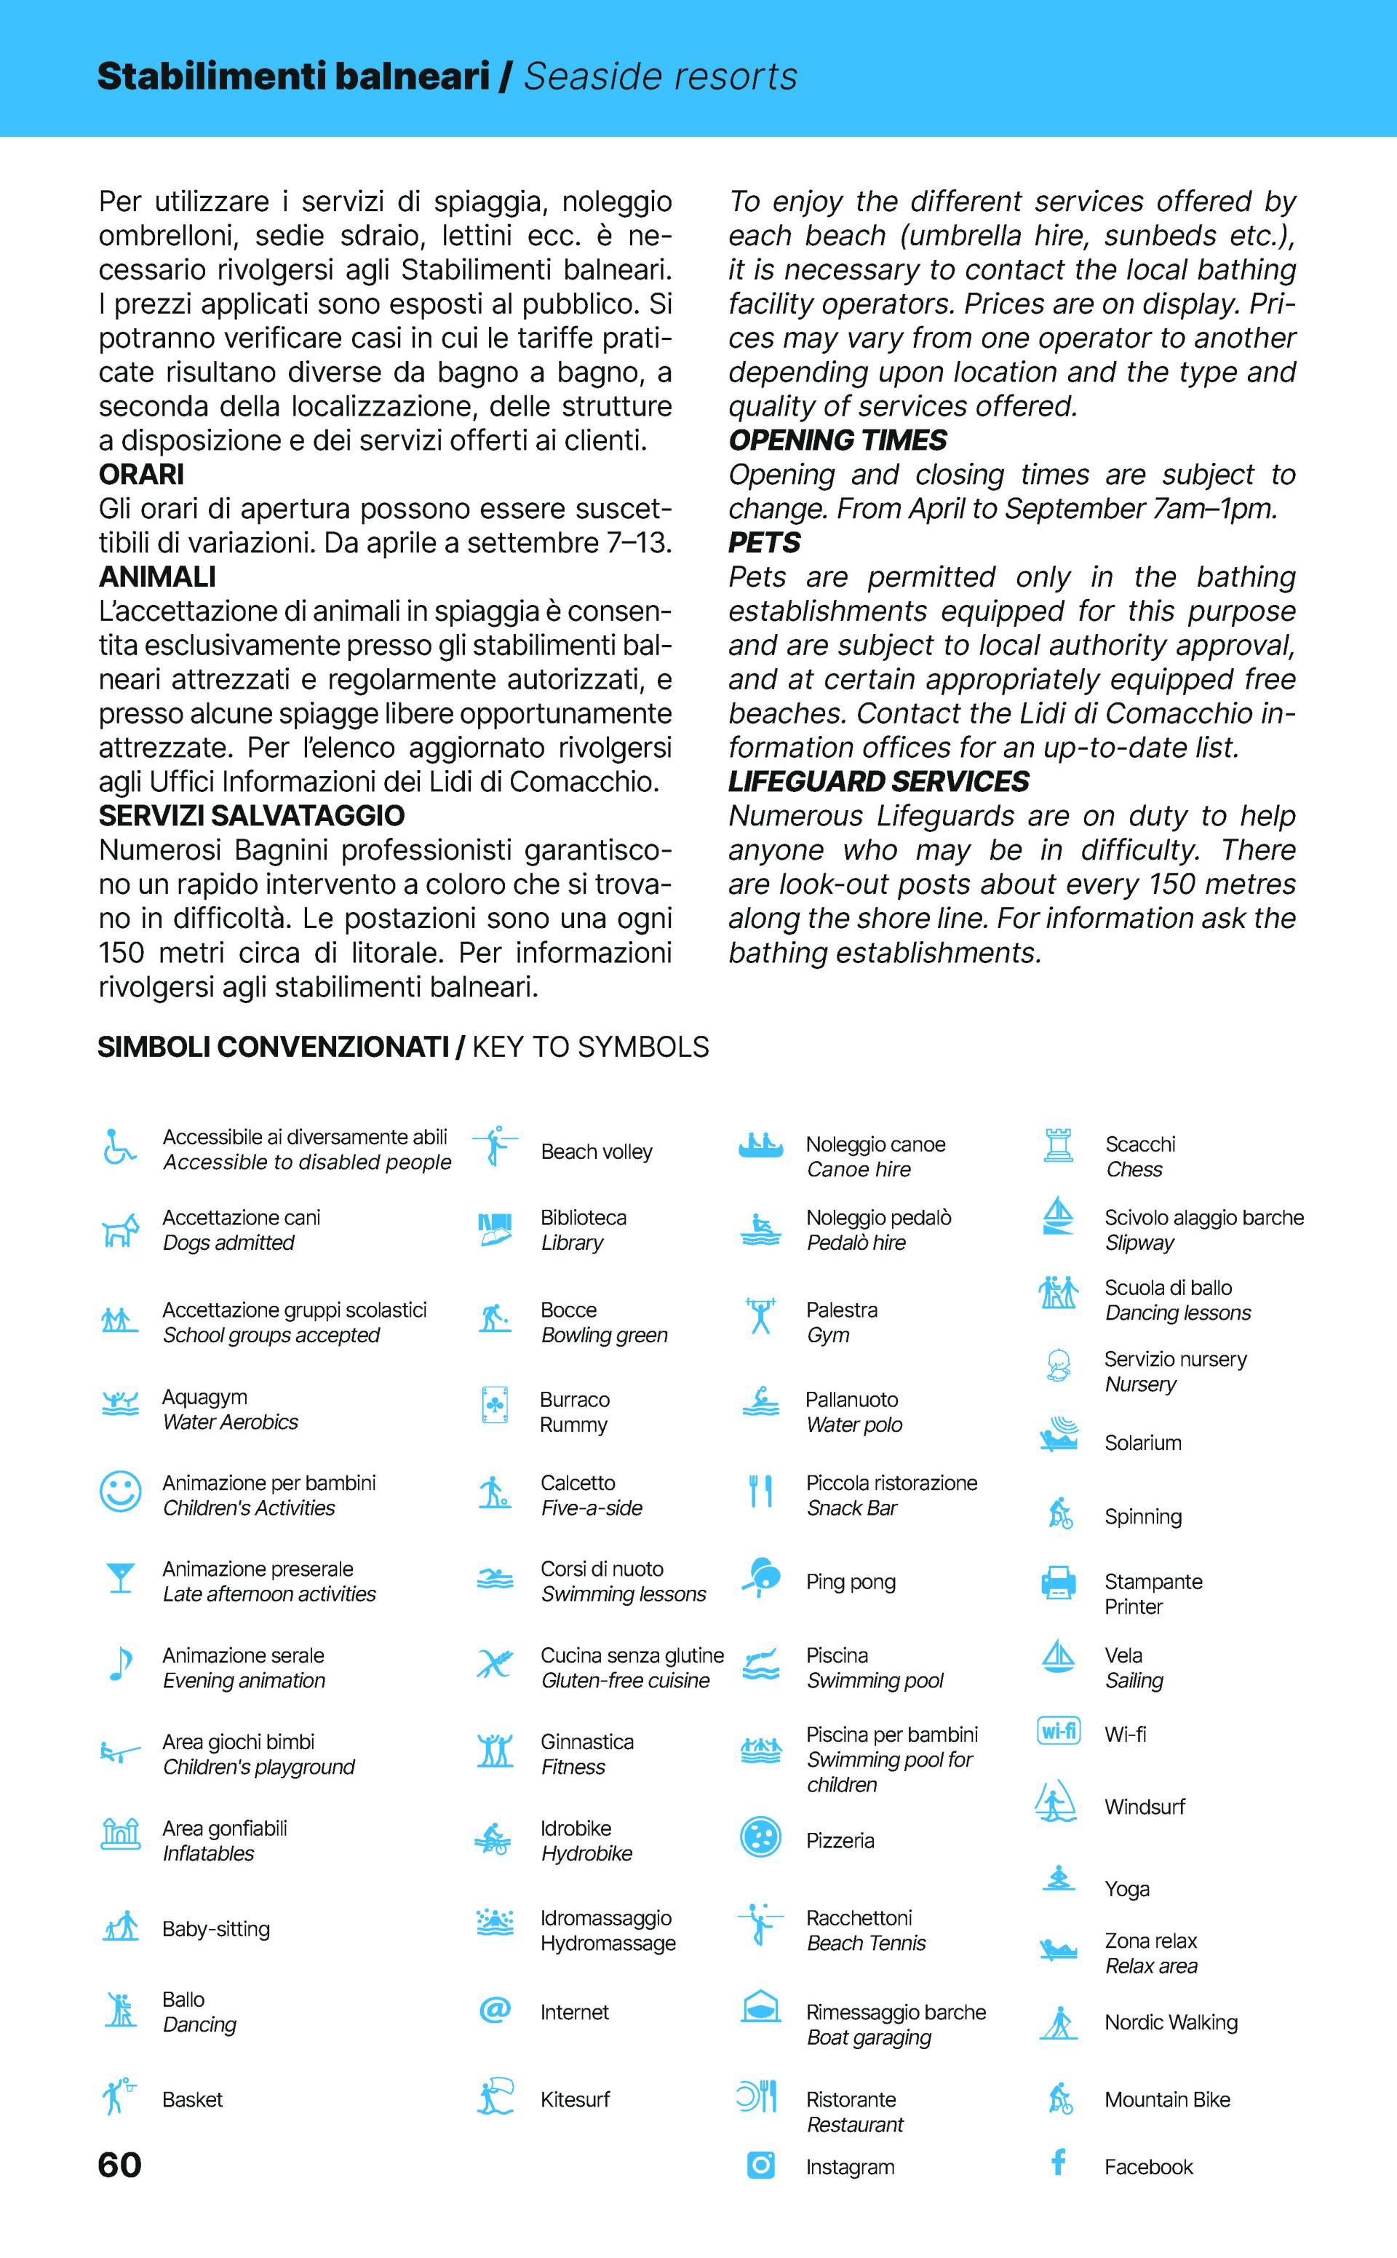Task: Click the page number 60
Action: click(x=119, y=2166)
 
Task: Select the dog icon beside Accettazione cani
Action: click(x=120, y=1230)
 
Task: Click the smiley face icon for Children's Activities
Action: click(x=120, y=1492)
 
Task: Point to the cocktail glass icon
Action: click(x=120, y=1577)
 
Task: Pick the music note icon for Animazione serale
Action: click(x=120, y=1665)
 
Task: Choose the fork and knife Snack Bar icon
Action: click(x=760, y=1491)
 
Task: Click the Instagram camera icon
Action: click(x=760, y=2165)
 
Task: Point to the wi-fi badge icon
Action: click(x=1059, y=1730)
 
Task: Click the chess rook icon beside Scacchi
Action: click(x=1058, y=1145)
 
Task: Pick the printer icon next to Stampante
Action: click(x=1058, y=1582)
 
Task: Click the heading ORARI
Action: click(x=141, y=474)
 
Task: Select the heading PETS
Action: click(x=764, y=542)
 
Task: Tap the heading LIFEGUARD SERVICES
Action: click(x=877, y=782)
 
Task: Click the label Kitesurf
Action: click(x=575, y=2100)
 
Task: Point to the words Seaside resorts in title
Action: click(x=660, y=76)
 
